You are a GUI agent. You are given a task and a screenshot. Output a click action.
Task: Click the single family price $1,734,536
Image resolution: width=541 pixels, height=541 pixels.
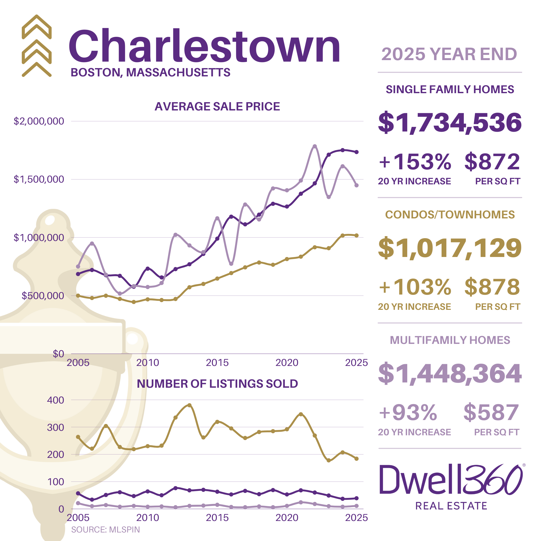pos(450,122)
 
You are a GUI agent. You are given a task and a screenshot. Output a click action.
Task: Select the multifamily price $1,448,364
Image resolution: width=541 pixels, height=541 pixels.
pos(450,373)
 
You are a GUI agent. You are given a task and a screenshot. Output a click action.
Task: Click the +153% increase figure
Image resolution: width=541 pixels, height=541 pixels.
pos(415,162)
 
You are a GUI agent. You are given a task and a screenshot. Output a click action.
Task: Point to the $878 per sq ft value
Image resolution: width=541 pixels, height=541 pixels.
pos(492,287)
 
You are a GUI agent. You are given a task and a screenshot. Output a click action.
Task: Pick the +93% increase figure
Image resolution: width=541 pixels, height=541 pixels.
pos(408,413)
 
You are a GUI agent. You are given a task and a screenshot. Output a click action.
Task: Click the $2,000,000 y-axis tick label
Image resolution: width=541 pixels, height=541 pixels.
pos(39,121)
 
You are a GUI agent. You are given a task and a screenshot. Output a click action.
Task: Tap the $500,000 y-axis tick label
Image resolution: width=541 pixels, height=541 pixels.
pos(43,296)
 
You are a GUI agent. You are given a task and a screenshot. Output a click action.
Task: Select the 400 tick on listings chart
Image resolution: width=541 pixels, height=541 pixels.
pos(55,400)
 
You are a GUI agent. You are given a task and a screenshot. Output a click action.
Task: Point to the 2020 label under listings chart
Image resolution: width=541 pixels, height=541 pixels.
pos(287,518)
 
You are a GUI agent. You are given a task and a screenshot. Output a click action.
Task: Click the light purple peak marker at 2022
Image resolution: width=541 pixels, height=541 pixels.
pos(315,147)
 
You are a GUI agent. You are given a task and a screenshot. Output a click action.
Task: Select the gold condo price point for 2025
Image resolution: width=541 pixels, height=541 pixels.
pos(356,235)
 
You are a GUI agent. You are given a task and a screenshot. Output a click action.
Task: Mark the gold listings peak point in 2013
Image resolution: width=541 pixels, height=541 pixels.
pos(189,405)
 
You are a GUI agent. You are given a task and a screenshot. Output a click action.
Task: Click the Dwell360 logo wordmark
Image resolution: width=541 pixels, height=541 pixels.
pos(451,480)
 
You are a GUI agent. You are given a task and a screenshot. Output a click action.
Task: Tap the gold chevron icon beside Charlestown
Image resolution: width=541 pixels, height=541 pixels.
pos(37,46)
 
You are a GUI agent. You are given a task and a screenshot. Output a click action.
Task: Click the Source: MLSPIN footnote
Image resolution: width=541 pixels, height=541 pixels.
pos(105,529)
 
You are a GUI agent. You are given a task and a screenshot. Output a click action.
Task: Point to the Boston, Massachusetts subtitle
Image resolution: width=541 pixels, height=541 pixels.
pos(150,73)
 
